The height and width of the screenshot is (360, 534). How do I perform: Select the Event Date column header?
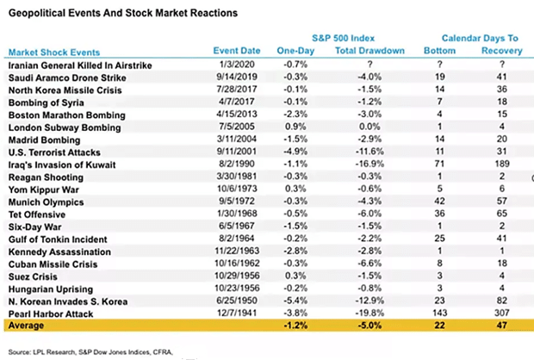click(237, 51)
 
